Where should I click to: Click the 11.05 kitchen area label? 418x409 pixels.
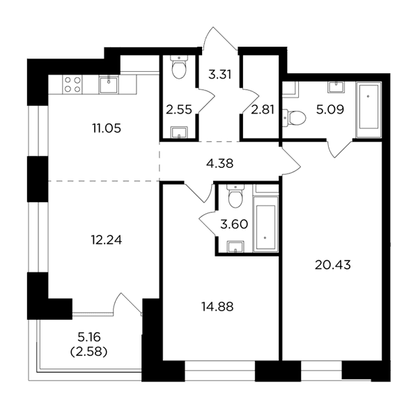point(107,128)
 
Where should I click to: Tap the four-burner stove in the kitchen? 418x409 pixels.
point(72,84)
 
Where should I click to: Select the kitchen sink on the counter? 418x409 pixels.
point(109,84)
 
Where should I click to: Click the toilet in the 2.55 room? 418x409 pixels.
point(179,67)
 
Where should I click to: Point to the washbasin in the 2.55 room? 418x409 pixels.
point(179,132)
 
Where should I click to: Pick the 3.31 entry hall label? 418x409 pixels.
point(219,75)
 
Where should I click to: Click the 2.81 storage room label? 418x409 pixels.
point(263,109)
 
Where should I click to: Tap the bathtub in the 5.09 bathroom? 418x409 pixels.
point(369,110)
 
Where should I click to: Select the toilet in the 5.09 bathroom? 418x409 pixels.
point(294,118)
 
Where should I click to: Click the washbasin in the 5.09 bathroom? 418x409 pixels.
point(336,87)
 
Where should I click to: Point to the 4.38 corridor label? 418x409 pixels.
point(220,164)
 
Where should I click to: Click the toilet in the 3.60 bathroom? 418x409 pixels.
point(235,196)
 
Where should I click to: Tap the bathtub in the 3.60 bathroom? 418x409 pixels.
point(265,224)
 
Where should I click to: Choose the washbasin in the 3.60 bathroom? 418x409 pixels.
point(235,247)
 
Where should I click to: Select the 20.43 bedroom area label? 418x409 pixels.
point(333,265)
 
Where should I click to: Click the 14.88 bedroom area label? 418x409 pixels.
point(217,307)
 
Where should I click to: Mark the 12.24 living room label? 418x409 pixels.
point(107,240)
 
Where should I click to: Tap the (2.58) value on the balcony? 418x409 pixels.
point(88,353)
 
